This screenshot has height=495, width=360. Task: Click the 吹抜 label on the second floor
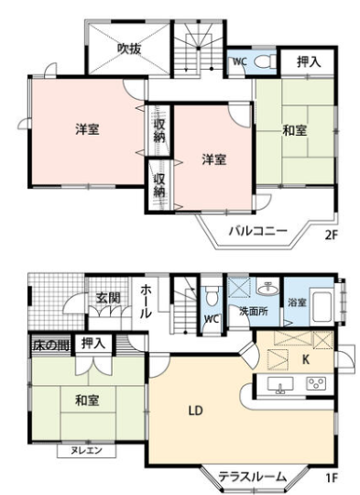click(x=129, y=49)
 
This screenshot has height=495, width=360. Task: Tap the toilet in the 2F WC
click(x=265, y=61)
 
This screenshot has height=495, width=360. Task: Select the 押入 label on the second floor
click(x=309, y=61)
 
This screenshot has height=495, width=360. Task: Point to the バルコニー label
click(x=258, y=231)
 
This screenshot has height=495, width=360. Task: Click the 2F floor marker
click(x=332, y=236)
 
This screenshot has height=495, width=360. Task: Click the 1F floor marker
click(x=332, y=478)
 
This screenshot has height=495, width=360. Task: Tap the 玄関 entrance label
click(x=108, y=298)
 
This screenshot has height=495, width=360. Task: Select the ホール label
click(x=146, y=302)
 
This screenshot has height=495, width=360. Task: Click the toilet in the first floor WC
click(x=211, y=295)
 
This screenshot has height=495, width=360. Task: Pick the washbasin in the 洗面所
click(x=267, y=288)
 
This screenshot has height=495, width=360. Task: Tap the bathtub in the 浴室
click(x=321, y=306)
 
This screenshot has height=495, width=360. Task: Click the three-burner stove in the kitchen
click(x=316, y=383)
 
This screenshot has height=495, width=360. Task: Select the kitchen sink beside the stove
click(x=280, y=384)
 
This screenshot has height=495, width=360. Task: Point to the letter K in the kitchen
click(x=305, y=359)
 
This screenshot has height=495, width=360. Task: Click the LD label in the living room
click(x=195, y=411)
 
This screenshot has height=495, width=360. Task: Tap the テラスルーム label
click(x=253, y=477)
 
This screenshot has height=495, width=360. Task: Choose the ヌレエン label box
click(x=86, y=450)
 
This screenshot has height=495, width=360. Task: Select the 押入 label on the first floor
click(x=93, y=343)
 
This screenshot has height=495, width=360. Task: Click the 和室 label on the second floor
click(x=295, y=130)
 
